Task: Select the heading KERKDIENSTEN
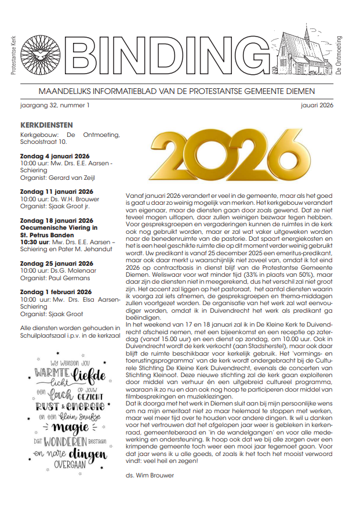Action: (46, 125)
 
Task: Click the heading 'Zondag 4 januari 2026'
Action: (54, 157)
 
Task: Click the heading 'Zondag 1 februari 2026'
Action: (56, 291)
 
